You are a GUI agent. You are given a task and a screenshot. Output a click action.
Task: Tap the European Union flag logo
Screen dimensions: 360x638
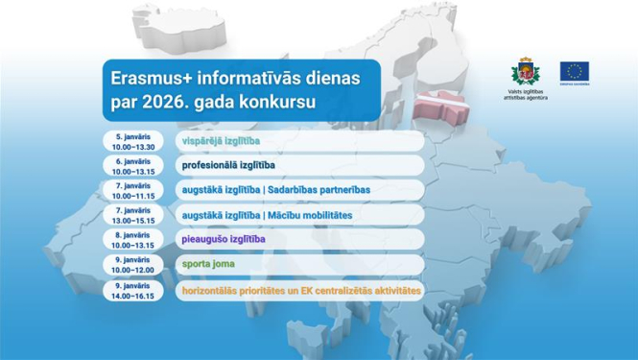point(575,71)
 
